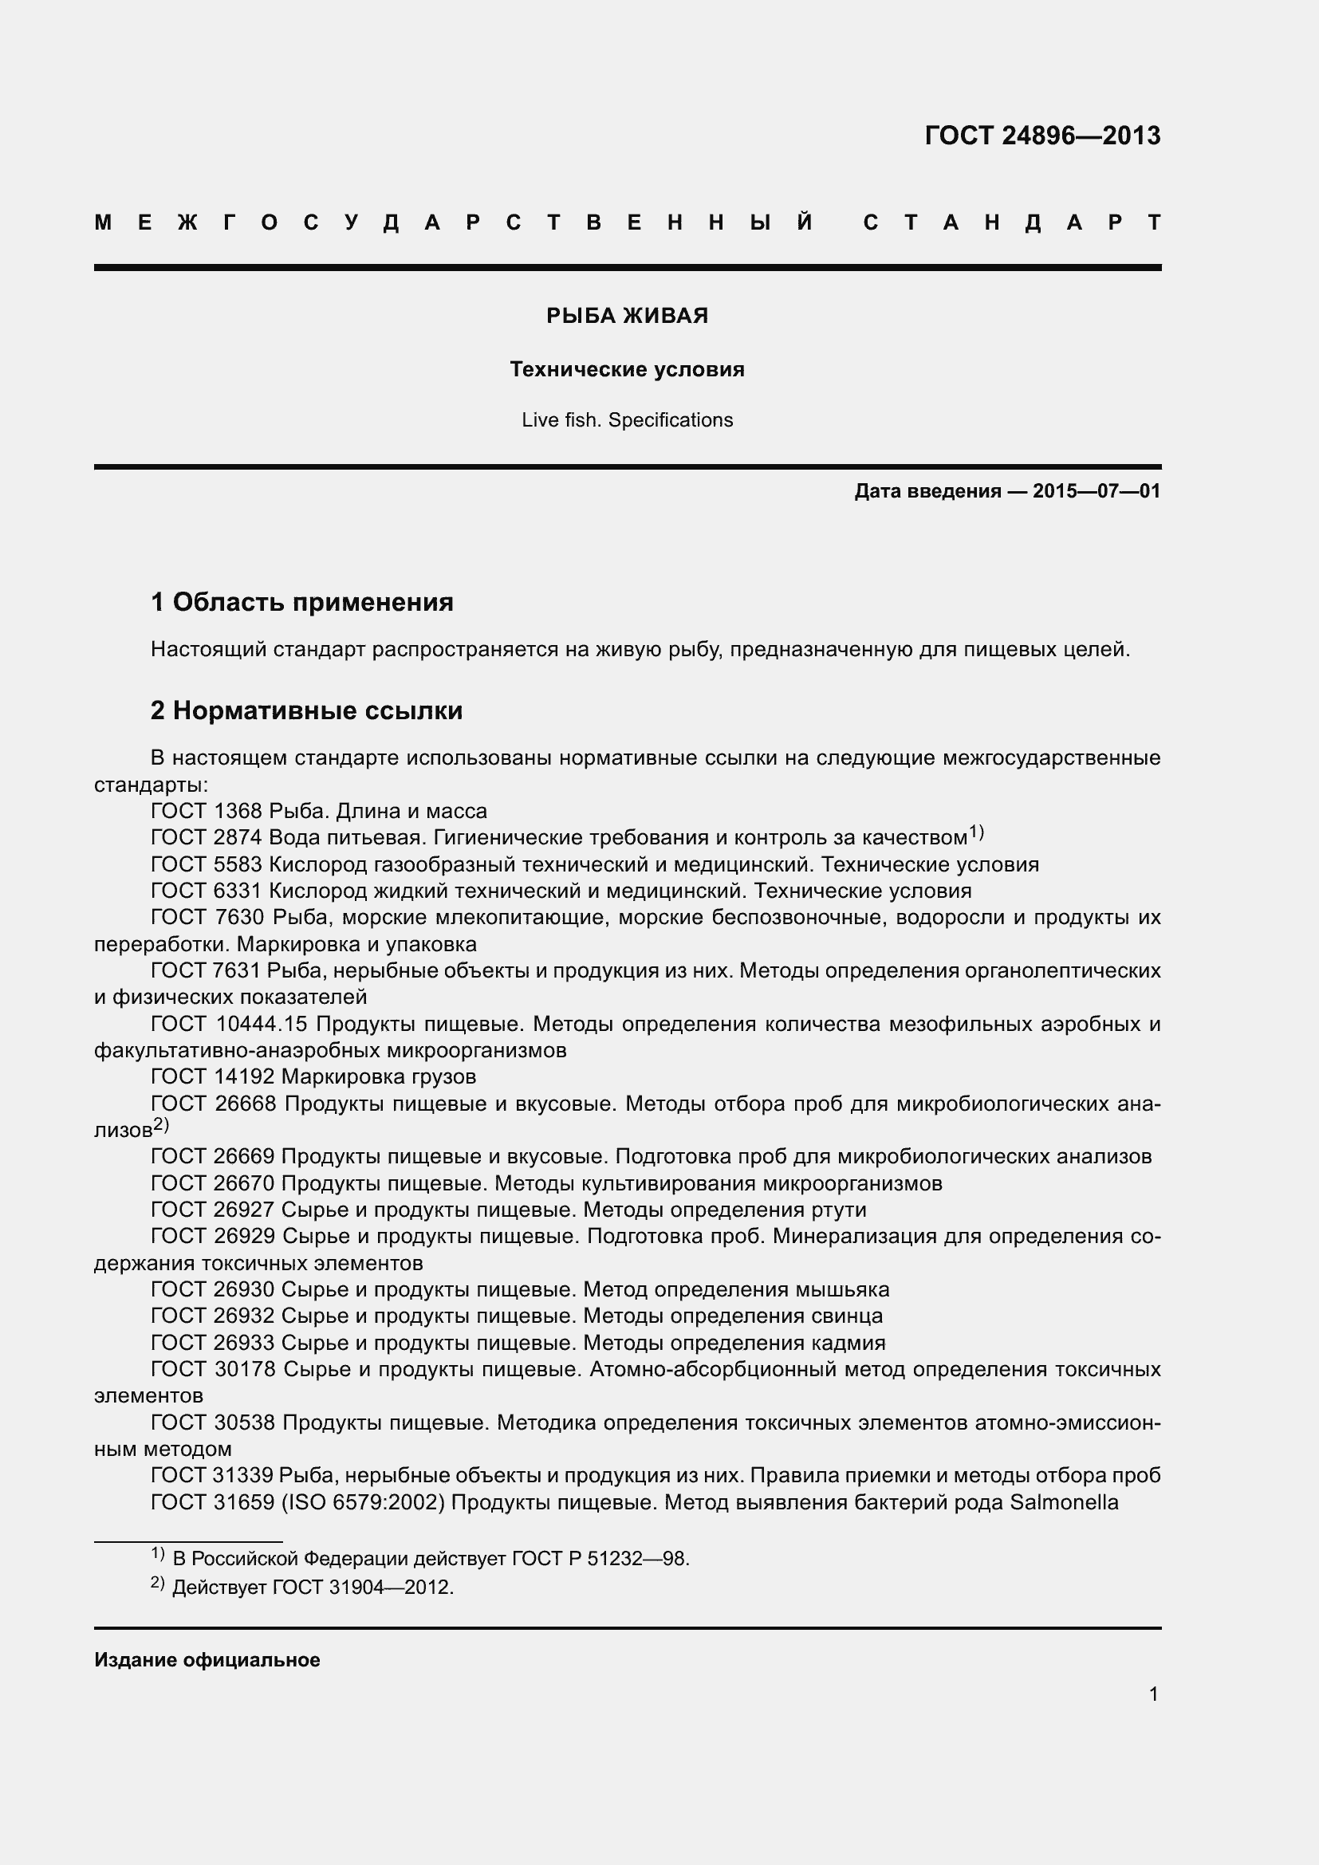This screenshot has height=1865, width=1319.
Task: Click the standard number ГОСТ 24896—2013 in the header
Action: [x=1042, y=136]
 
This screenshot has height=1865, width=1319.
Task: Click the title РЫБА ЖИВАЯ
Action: [x=627, y=316]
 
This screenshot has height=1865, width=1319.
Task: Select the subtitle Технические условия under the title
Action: [x=627, y=370]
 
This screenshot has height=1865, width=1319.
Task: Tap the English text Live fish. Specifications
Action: [x=627, y=420]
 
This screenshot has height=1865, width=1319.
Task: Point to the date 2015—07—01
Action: [x=1096, y=491]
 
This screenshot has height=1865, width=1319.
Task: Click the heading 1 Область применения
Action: [x=302, y=602]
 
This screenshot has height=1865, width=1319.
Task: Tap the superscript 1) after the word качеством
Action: [x=976, y=832]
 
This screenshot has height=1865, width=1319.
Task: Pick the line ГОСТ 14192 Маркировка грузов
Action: [x=313, y=1077]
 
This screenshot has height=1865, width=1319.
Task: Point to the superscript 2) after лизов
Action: [x=161, y=1125]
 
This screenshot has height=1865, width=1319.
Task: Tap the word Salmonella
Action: [x=1064, y=1502]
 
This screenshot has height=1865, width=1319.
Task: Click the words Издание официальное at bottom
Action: [x=207, y=1660]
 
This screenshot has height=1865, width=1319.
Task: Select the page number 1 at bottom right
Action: [x=1153, y=1694]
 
